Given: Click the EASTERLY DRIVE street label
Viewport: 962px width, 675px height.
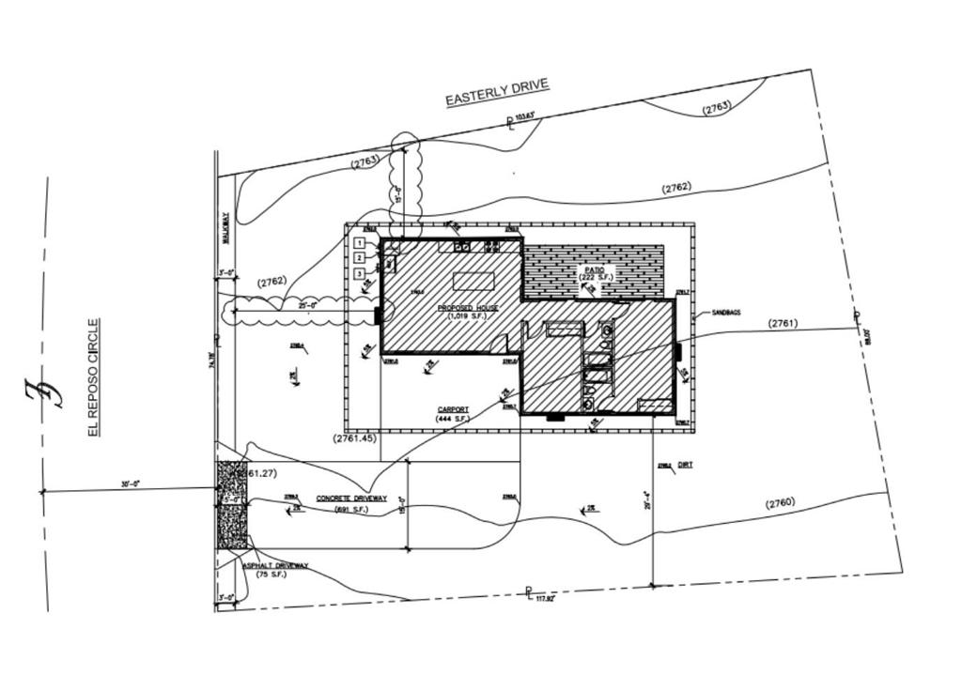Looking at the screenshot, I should tap(496, 92).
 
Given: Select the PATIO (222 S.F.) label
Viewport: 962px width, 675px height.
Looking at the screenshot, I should tap(596, 273).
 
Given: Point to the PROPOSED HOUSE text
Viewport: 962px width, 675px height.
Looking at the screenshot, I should tap(468, 308).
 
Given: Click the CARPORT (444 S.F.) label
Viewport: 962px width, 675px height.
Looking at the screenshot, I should tap(453, 413).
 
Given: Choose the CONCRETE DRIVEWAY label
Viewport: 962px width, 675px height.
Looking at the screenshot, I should tap(351, 499).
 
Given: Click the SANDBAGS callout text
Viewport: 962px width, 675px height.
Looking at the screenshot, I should tap(726, 312).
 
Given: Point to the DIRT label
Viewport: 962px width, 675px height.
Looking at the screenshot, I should tap(685, 464).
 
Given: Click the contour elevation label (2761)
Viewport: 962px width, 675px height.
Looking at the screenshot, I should tap(783, 323).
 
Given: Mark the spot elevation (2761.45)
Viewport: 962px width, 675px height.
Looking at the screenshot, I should tap(354, 438).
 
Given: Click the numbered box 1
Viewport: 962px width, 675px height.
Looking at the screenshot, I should tap(360, 243).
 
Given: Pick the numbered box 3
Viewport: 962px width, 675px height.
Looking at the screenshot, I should tap(360, 273).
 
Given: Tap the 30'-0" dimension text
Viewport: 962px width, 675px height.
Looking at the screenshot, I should tap(130, 483).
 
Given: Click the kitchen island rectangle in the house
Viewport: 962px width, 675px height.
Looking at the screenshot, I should tap(473, 281).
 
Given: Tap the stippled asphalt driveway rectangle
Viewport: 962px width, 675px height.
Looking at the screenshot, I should tap(232, 504).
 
